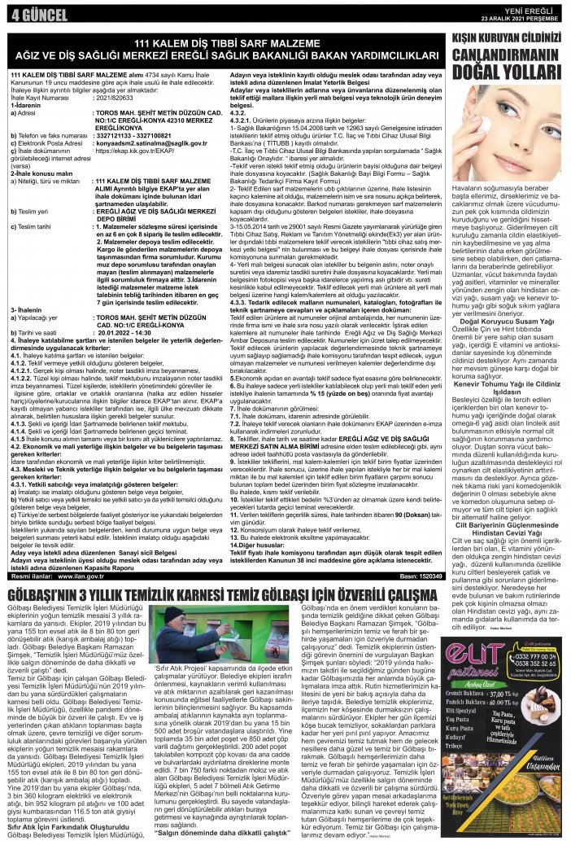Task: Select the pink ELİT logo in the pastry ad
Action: pos(482,695)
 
